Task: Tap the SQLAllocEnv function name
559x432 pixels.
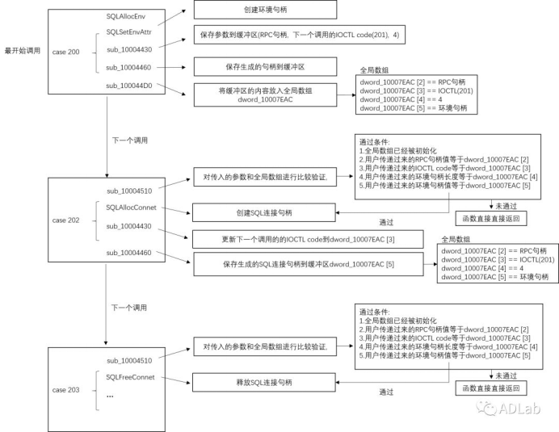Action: click(x=124, y=15)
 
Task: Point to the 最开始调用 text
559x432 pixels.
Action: click(x=23, y=50)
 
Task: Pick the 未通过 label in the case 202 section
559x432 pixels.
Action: click(x=508, y=204)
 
